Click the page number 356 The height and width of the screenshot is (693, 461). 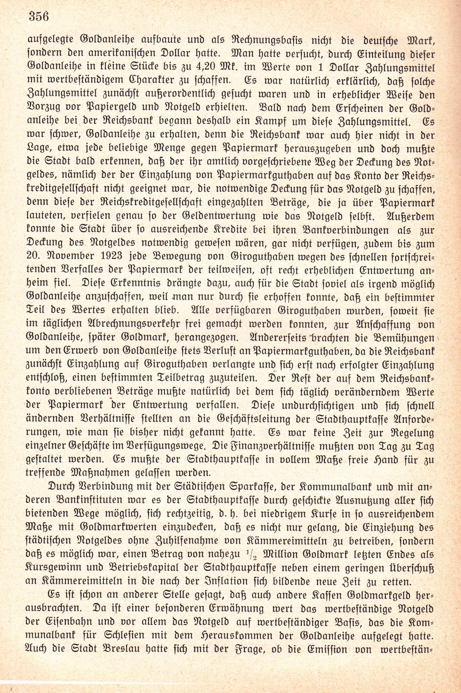pyautogui.click(x=39, y=16)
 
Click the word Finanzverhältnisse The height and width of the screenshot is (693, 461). pyautogui.click(x=269, y=446)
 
